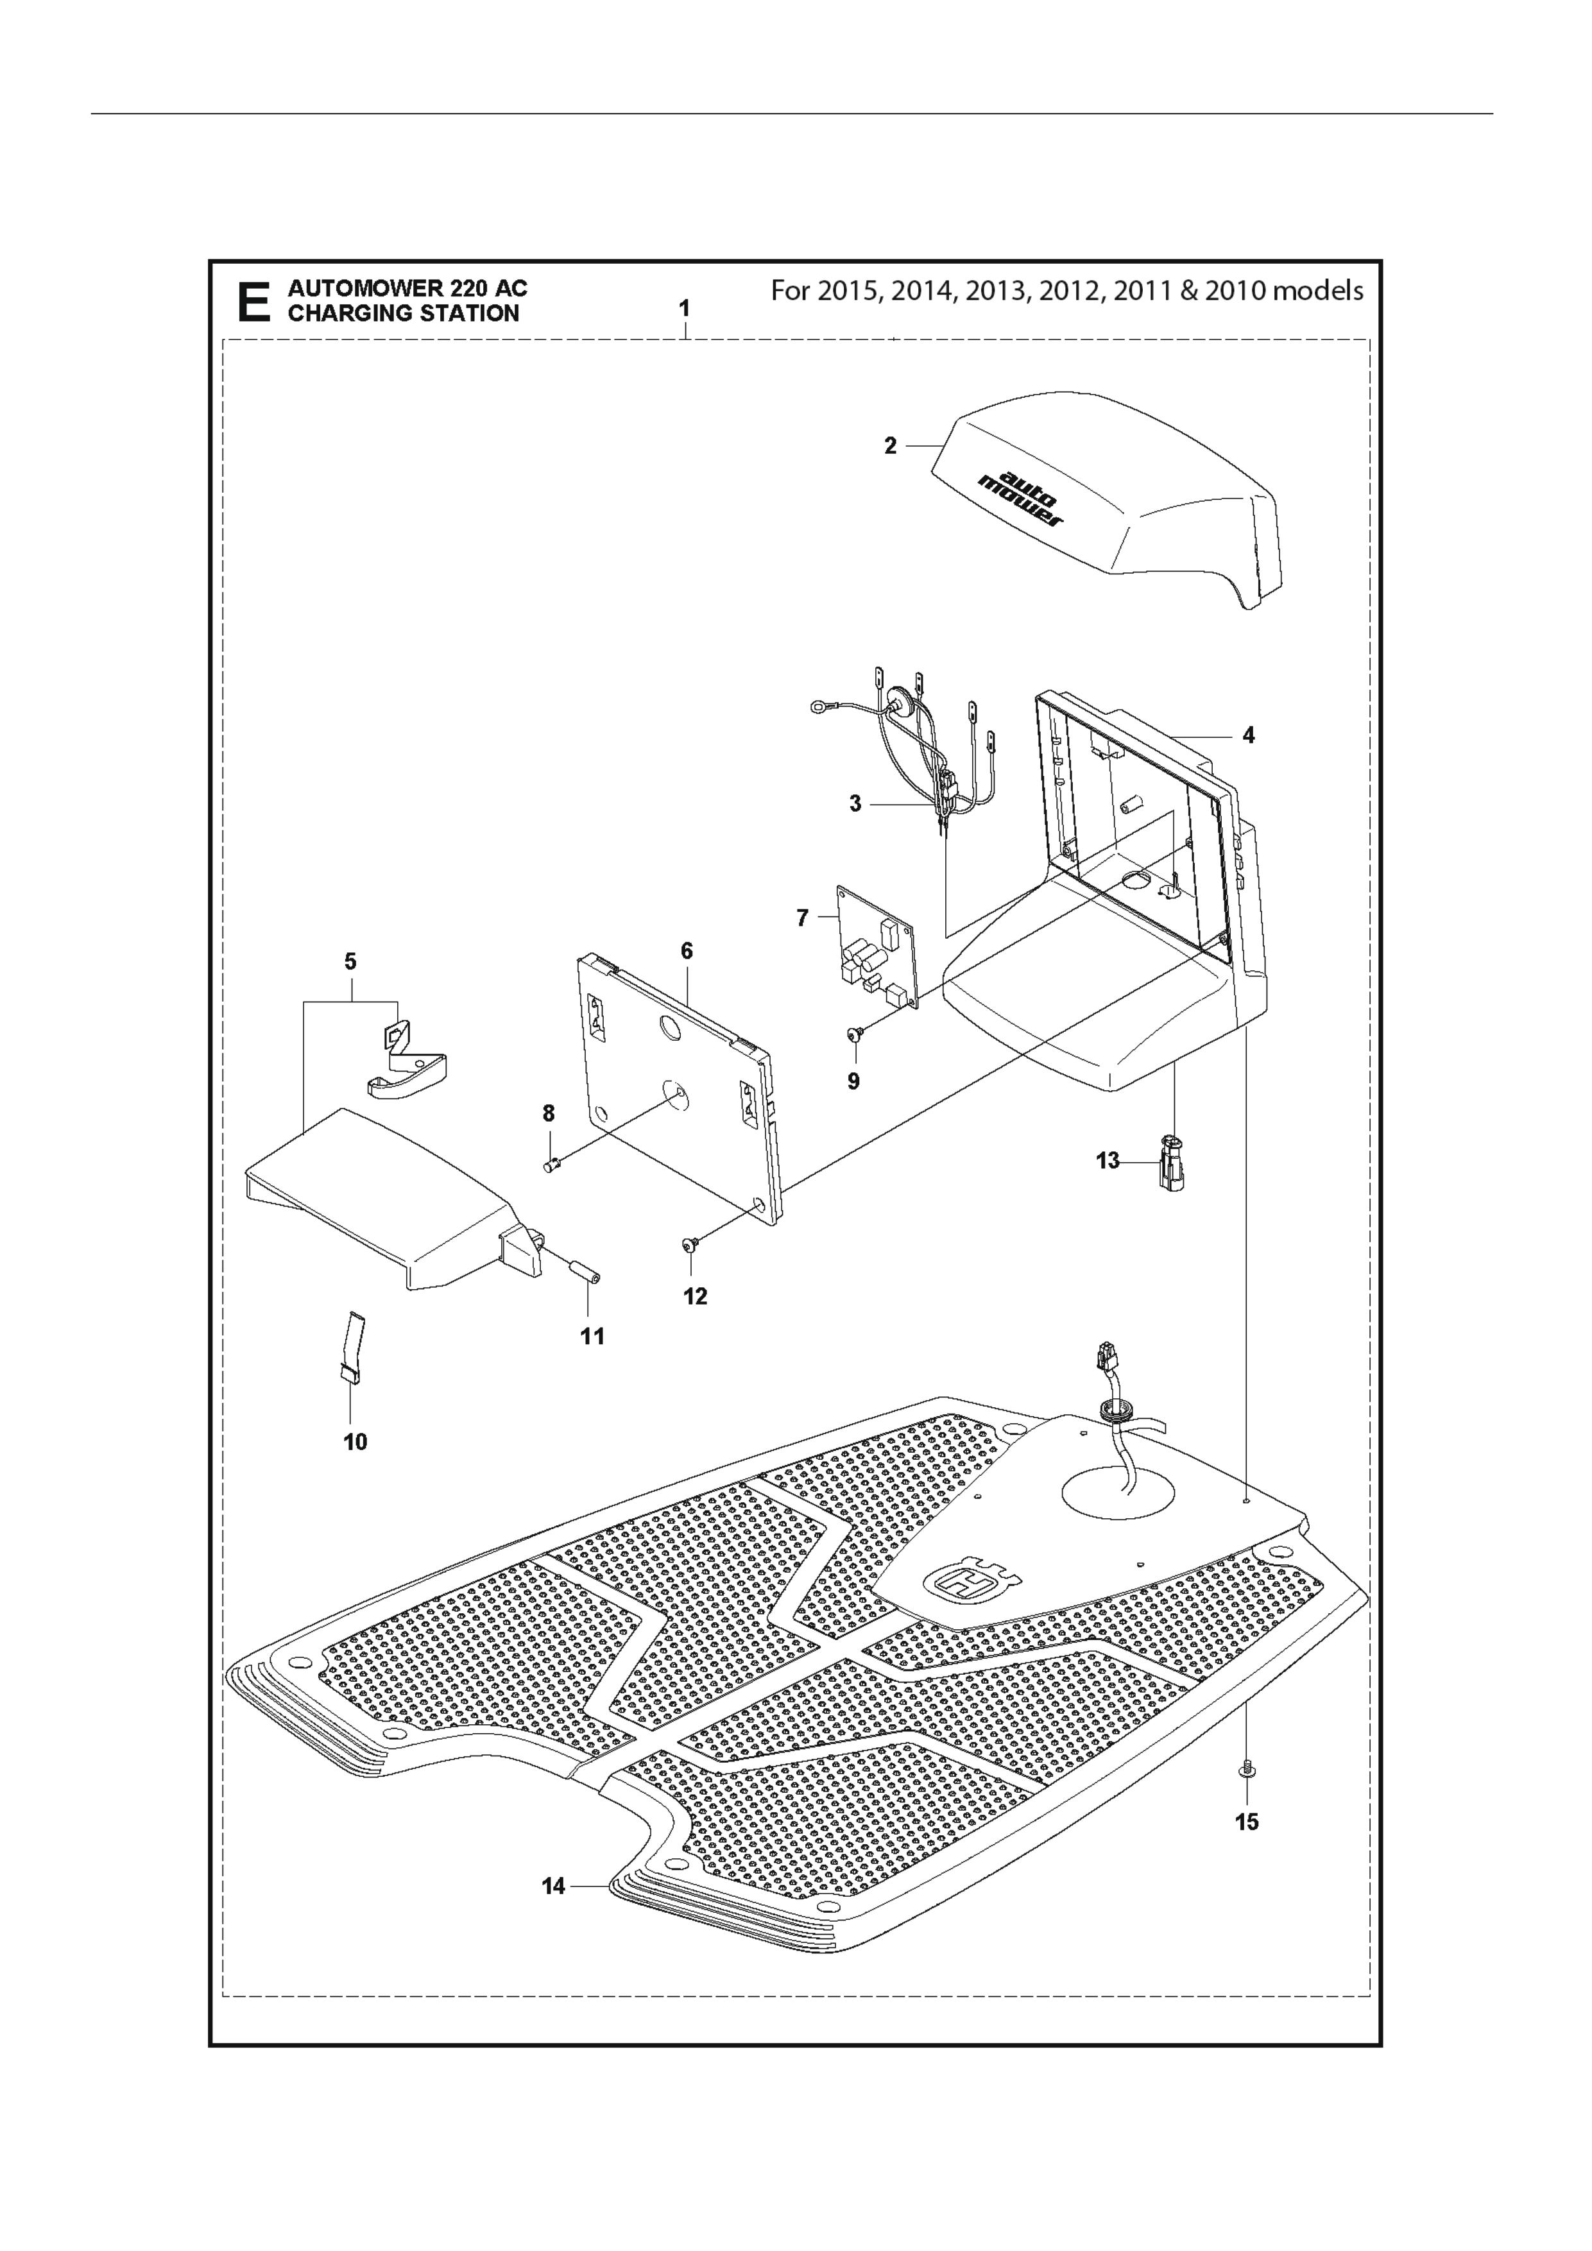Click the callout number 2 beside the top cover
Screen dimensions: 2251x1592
click(x=890, y=446)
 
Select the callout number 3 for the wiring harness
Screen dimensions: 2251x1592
click(x=856, y=804)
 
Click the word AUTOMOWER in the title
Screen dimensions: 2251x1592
click(x=364, y=288)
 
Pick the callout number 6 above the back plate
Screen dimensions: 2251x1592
click(x=686, y=950)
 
